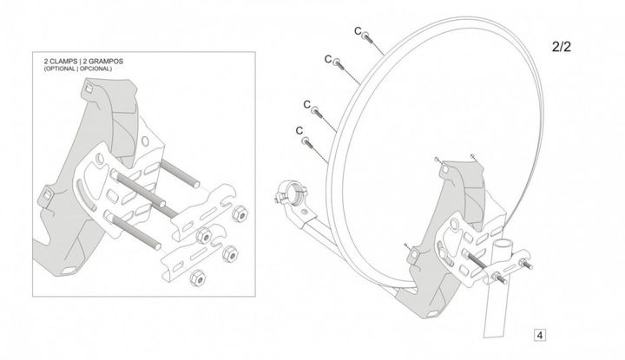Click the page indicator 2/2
pos(562,47)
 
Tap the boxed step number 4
pos(540,336)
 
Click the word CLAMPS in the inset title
pos(62,62)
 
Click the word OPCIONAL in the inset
pos(95,69)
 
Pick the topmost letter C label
pos(358,31)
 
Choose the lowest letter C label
pos(299,131)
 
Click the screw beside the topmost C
pos(367,37)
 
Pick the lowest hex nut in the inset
pos(197,278)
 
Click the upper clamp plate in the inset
pos(205,212)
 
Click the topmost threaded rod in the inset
pos(180,173)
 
